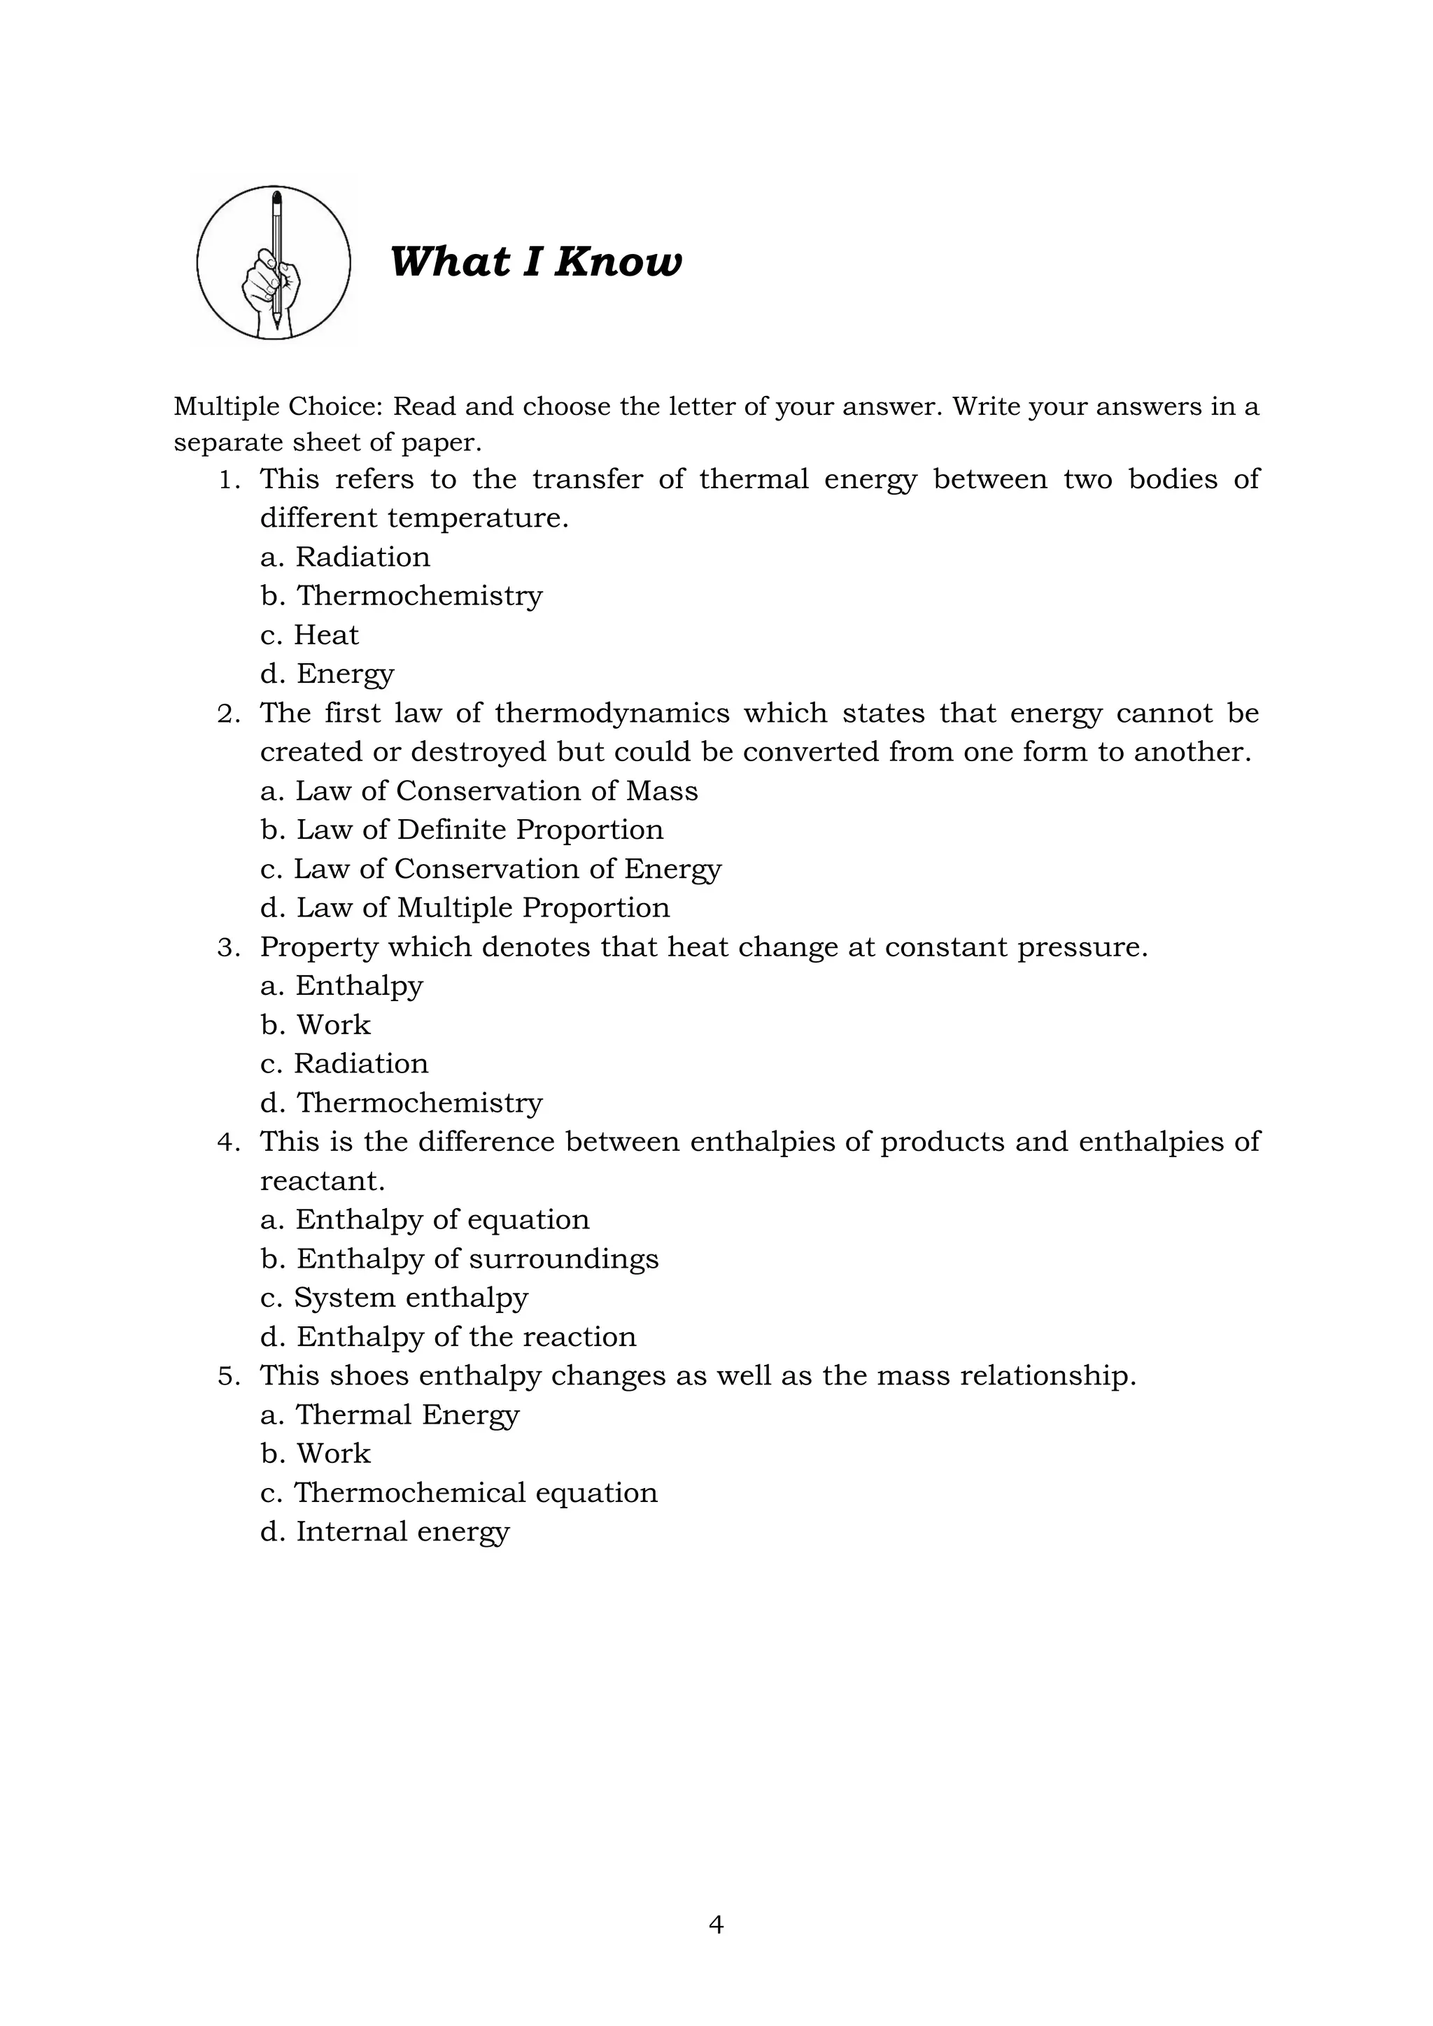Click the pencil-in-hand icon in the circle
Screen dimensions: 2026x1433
[x=274, y=263]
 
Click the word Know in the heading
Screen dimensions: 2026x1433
[x=618, y=262]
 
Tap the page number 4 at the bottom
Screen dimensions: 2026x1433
[x=716, y=1925]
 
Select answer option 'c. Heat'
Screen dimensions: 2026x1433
[x=310, y=635]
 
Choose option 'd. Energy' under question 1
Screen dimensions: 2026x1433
[x=327, y=674]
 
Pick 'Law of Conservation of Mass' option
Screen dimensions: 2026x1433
[x=479, y=791]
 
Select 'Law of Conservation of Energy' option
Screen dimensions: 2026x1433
[x=490, y=869]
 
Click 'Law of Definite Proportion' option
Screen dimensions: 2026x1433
[x=463, y=830]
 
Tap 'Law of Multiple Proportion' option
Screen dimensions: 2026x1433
[x=465, y=908]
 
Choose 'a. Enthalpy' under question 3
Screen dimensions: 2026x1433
[x=341, y=986]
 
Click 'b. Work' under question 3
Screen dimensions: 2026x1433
[x=316, y=1024]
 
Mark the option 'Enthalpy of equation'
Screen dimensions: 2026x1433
[x=425, y=1219]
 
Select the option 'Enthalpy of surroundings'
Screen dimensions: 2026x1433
[x=460, y=1259]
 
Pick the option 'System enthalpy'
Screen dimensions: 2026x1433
[x=395, y=1298]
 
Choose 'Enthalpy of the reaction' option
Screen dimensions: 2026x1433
[x=449, y=1337]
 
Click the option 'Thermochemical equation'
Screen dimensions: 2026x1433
[x=459, y=1493]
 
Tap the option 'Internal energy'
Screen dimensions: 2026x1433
[x=385, y=1532]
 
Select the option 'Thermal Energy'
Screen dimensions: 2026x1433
[x=390, y=1415]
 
